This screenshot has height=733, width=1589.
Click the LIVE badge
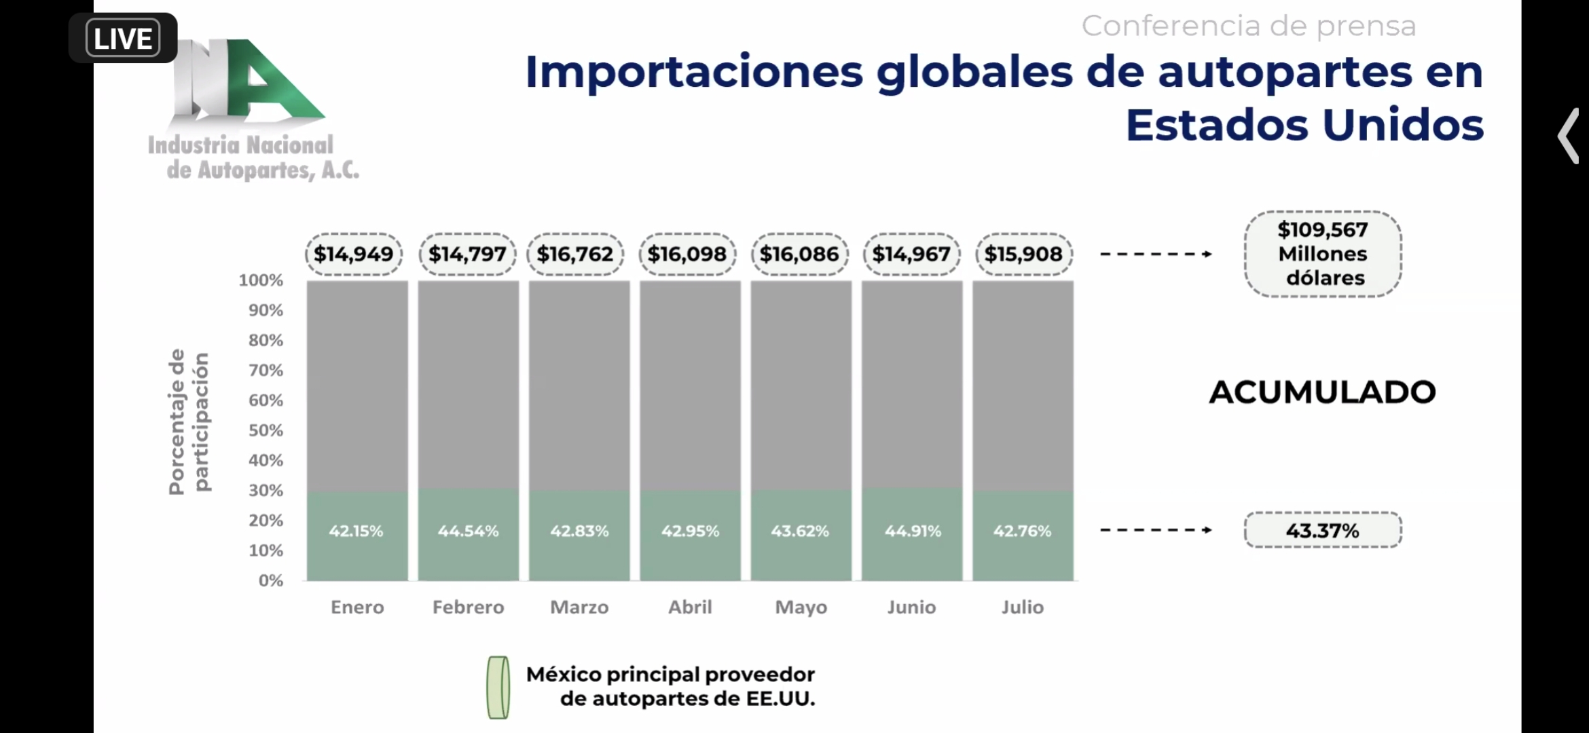123,38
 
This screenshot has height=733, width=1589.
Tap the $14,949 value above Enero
353,254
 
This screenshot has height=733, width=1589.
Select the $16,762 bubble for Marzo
575,254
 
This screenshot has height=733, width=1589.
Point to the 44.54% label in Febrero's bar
468,531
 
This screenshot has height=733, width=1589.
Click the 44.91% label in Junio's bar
913,531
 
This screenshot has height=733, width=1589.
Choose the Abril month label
690,607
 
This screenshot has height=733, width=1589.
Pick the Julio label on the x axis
1022,607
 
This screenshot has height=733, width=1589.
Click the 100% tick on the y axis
261,280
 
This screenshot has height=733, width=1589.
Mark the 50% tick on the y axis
266,430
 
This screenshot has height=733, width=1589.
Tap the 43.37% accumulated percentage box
1322,530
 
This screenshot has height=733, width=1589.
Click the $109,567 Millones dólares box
1322,254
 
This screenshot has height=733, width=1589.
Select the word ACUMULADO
1322,392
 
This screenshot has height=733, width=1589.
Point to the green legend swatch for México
498,687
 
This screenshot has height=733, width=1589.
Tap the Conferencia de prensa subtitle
1248,26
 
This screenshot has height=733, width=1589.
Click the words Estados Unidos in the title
1304,125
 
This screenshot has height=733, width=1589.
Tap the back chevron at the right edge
1568,136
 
